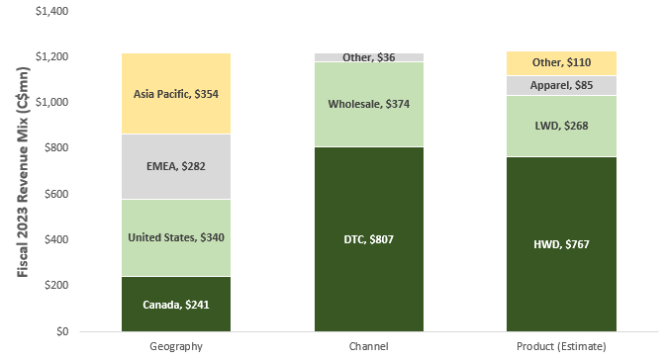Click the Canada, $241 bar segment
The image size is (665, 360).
(176, 304)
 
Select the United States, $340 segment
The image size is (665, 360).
(176, 238)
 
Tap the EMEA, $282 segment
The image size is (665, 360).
(176, 166)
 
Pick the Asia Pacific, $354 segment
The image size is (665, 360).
(176, 94)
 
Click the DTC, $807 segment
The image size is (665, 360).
(369, 239)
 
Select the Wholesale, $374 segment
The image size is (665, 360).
(369, 104)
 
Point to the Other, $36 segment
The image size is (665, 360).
(369, 57)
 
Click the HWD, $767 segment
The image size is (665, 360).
(561, 244)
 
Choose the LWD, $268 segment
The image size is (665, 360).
(561, 127)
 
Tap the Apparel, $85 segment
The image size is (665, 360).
(561, 86)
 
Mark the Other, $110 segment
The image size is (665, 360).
(561, 63)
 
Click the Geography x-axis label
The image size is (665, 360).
(176, 346)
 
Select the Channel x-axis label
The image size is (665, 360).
(368, 346)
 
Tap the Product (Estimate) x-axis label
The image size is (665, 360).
(561, 346)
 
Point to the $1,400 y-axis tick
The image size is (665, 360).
(51, 11)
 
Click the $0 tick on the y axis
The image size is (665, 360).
(62, 331)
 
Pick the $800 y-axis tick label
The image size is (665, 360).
(56, 148)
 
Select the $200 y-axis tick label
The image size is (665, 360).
(56, 285)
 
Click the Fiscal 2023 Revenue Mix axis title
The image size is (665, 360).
(23, 172)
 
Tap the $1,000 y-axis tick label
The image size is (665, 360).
(51, 102)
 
